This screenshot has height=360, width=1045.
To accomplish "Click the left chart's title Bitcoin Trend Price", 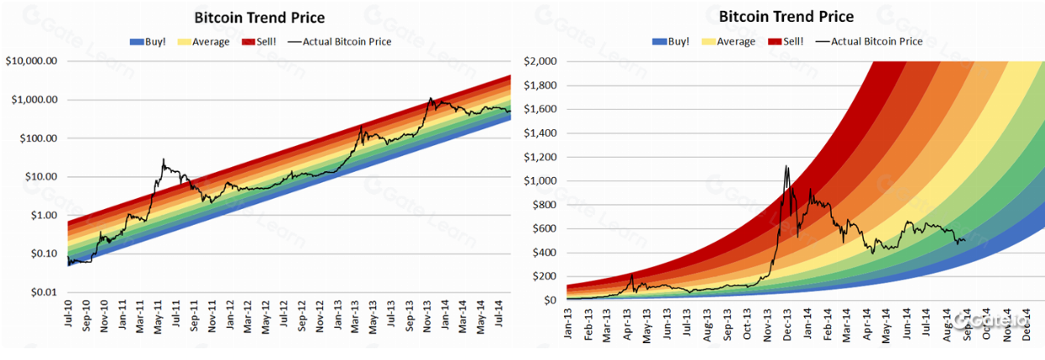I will [259, 18].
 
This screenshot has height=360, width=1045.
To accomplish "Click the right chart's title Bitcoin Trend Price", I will [786, 17].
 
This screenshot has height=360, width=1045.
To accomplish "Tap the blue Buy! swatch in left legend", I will [138, 41].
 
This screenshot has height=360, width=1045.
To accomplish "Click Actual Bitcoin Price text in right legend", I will [876, 41].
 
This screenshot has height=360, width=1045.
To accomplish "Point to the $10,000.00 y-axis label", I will [32, 61].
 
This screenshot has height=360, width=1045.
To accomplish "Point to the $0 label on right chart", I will [552, 300].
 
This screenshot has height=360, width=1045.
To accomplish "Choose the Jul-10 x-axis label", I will [68, 321].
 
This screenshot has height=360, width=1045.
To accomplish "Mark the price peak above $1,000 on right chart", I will [786, 166].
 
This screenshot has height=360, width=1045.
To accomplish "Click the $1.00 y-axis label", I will [41, 216].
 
